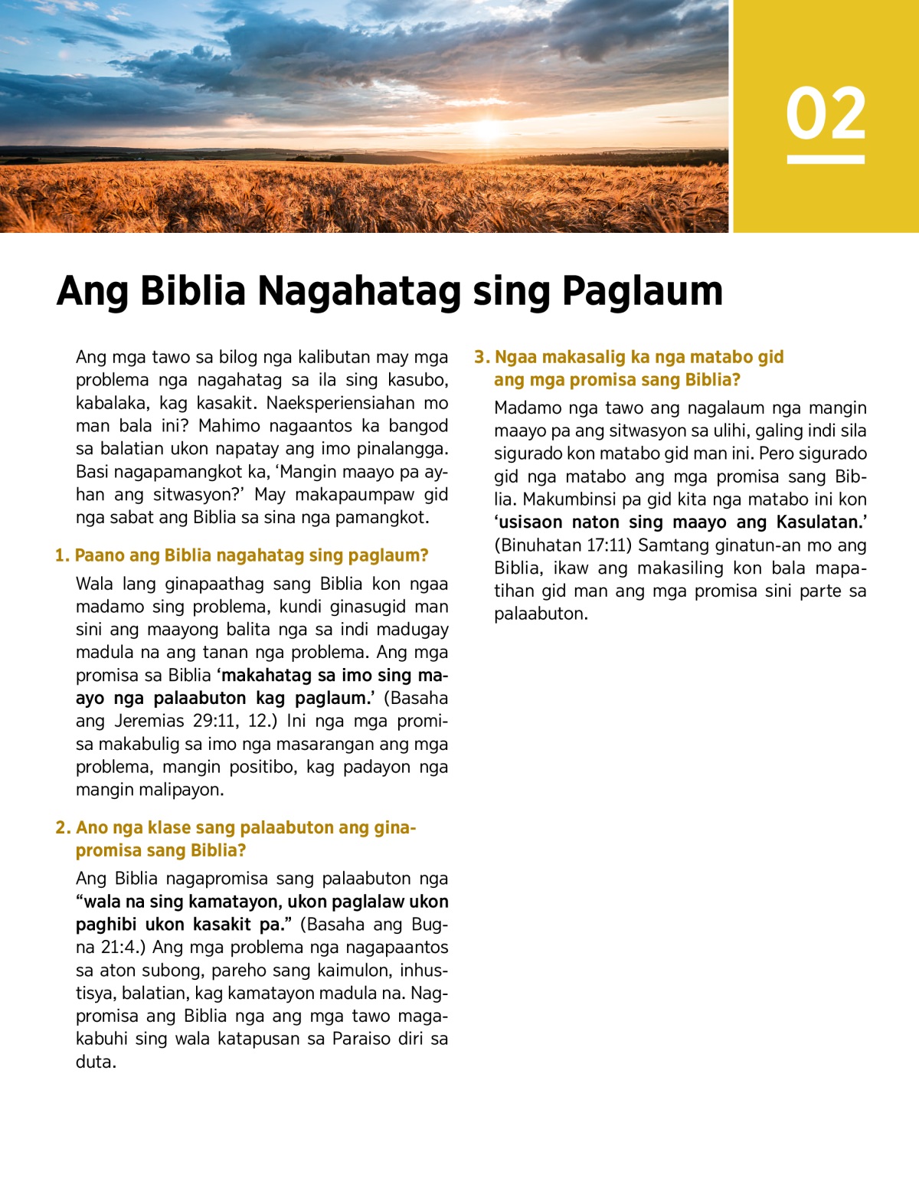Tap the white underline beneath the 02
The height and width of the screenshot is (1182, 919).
pyautogui.click(x=826, y=159)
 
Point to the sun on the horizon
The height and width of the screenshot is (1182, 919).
pyautogui.click(x=488, y=129)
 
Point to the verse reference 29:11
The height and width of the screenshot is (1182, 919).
pyautogui.click(x=216, y=721)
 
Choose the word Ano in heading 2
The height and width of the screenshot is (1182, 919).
pyautogui.click(x=92, y=828)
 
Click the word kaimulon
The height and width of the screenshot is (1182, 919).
pyautogui.click(x=353, y=971)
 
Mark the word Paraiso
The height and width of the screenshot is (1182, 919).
pyautogui.click(x=361, y=1040)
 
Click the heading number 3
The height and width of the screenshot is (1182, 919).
pyautogui.click(x=480, y=357)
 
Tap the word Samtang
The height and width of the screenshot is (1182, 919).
pyautogui.click(x=671, y=545)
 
